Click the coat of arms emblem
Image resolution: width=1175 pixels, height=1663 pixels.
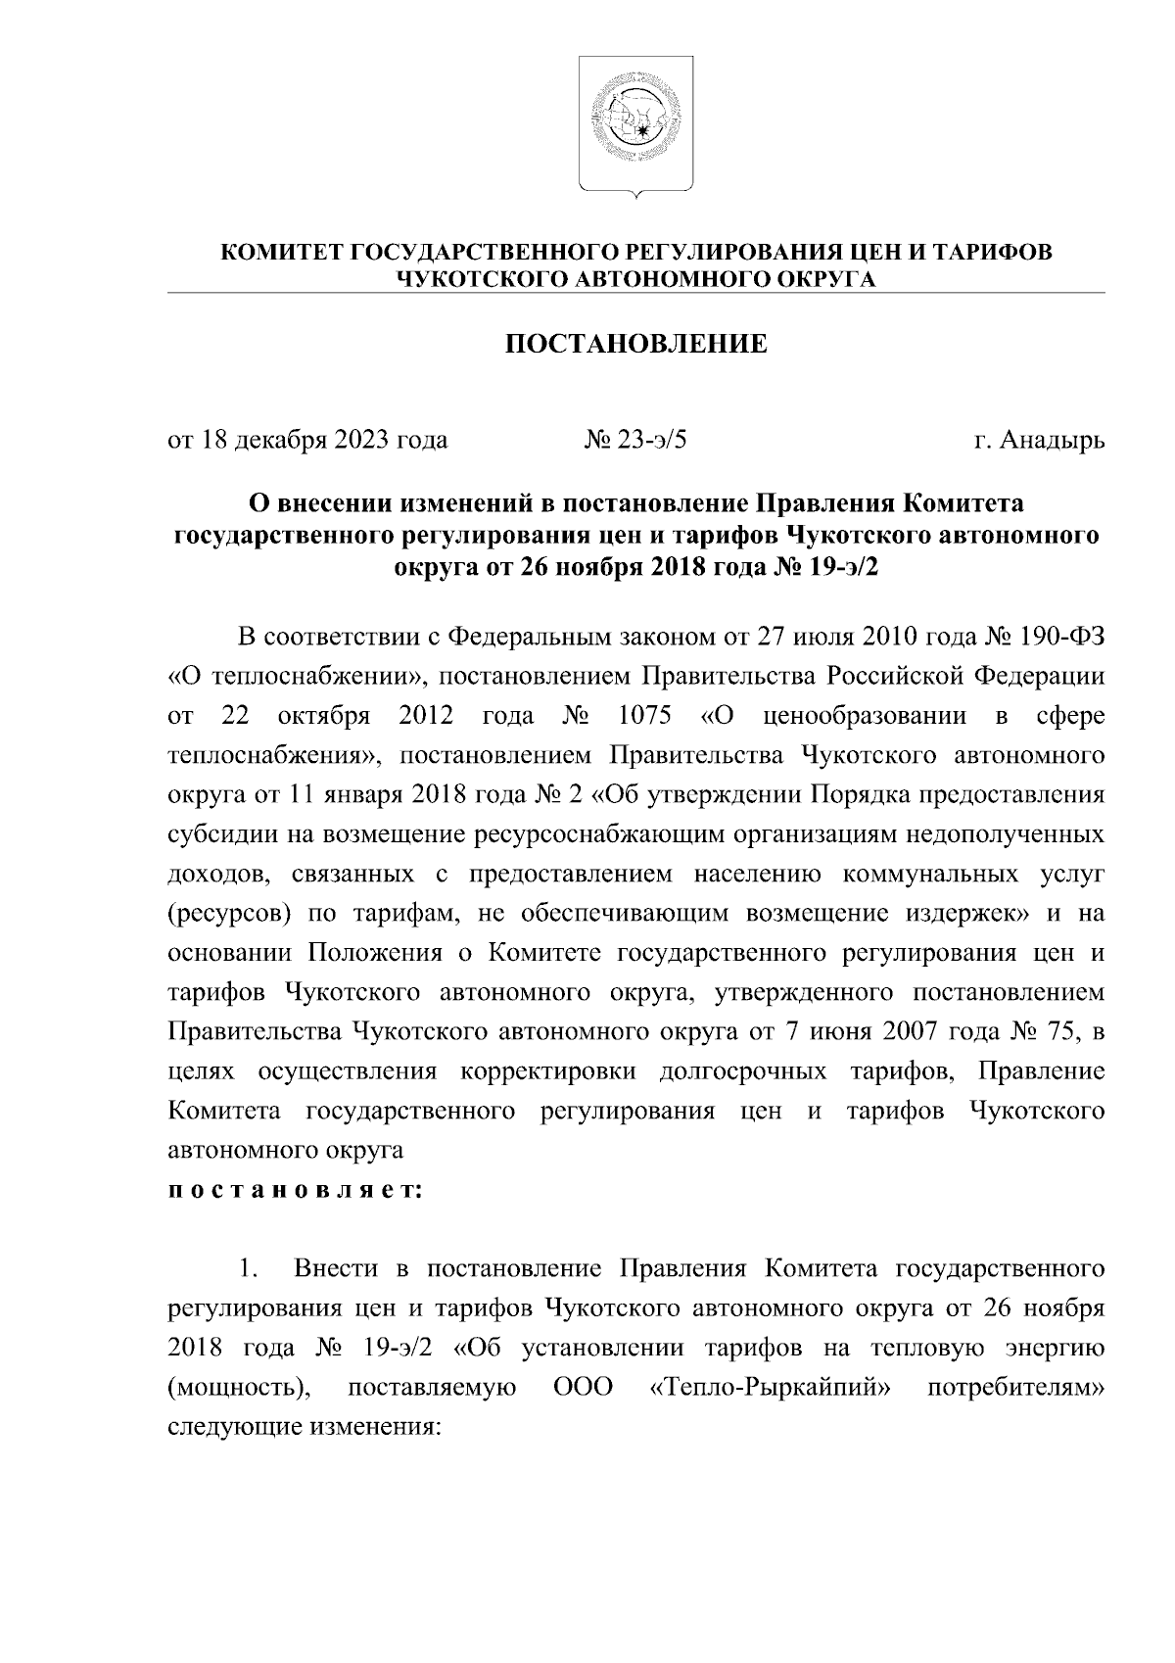pyautogui.click(x=634, y=124)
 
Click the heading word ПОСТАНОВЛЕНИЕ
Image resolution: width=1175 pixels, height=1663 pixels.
pyautogui.click(x=635, y=344)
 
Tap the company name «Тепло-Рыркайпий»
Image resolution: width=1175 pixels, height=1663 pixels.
pyautogui.click(x=775, y=1388)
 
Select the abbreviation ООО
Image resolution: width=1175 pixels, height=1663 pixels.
pyautogui.click(x=584, y=1388)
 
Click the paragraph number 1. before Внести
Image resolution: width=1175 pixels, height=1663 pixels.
pyautogui.click(x=249, y=1270)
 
